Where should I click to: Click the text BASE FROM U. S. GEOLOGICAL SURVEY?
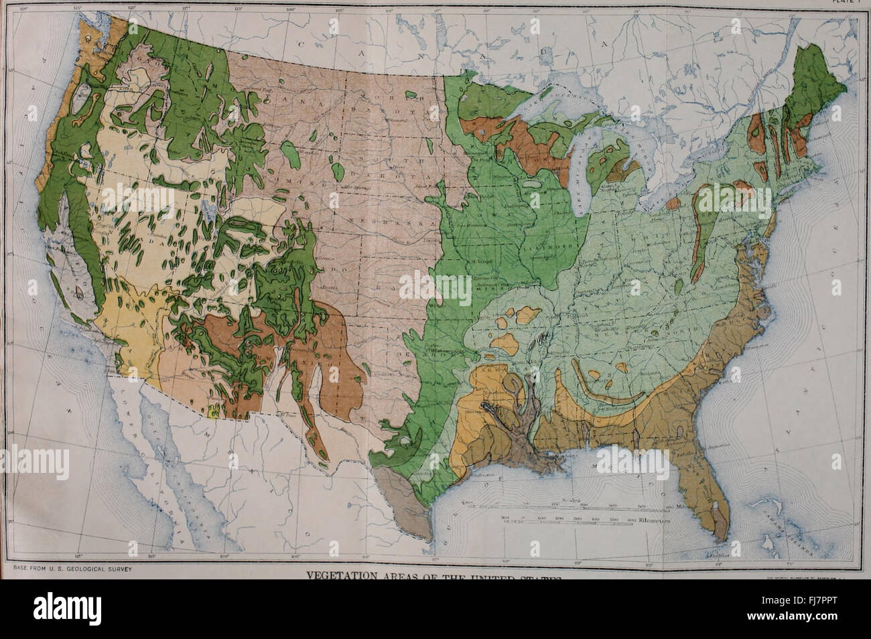(70, 569)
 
